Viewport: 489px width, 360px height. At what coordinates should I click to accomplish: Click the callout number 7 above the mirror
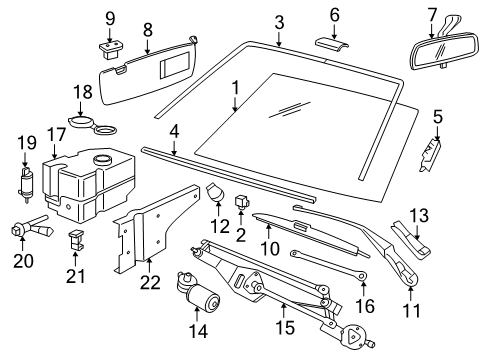pos(432,16)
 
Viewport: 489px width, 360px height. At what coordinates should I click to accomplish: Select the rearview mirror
pos(445,51)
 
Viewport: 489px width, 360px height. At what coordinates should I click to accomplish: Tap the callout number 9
pos(110,19)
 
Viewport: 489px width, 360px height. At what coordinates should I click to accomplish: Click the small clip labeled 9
pos(111,49)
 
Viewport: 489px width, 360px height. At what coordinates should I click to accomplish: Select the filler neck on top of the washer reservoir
pos(102,159)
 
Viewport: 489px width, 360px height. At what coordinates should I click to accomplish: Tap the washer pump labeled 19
pos(26,185)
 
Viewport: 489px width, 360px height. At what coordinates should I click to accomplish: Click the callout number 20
pos(23,261)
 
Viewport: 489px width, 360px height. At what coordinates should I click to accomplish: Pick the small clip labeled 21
pos(75,240)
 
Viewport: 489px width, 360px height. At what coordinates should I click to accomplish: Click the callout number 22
pos(150,283)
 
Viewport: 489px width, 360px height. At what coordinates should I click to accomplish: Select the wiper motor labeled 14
pos(197,290)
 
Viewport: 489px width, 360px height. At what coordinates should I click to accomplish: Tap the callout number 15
pos(285,327)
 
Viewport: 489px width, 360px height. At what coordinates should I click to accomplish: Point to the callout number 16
pos(365,306)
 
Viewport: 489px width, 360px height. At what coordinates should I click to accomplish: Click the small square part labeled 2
pos(241,201)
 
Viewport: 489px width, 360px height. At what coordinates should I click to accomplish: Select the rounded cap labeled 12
pos(215,192)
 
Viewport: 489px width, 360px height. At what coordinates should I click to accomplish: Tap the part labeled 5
pos(430,155)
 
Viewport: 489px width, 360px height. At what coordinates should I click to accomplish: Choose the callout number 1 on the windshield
pos(236,88)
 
